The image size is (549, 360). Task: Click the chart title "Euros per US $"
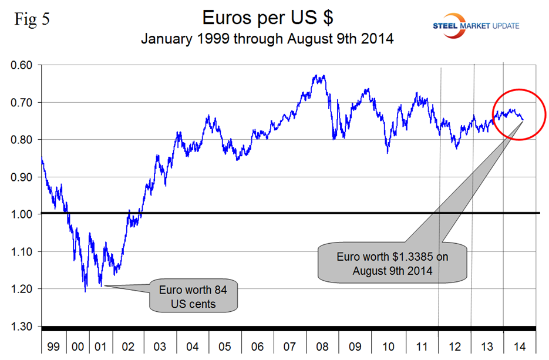pos(268,18)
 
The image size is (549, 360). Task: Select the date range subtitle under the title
pos(268,41)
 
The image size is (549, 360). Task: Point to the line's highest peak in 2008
pos(317,75)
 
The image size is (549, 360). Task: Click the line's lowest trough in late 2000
pos(86,291)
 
